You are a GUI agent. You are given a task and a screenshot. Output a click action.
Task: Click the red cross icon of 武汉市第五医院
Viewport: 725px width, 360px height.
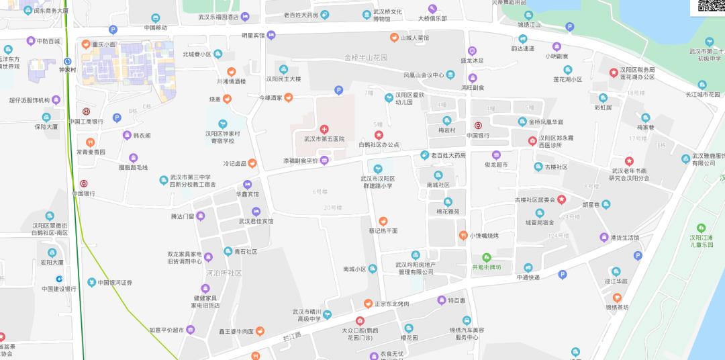coord(324,128)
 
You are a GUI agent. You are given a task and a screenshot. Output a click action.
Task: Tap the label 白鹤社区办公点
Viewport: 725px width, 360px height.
coord(379,144)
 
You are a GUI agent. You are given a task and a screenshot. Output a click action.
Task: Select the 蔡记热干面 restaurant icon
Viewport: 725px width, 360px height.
coord(383,221)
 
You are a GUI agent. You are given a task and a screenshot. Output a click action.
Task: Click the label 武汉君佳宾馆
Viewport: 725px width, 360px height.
coord(256,220)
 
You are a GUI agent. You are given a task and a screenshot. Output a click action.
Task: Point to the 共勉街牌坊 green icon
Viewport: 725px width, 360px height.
coord(487,257)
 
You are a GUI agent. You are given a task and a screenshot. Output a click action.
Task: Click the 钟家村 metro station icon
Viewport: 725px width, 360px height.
coord(67,60)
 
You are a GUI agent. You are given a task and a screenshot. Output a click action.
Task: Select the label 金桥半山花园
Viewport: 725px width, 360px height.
coord(366,58)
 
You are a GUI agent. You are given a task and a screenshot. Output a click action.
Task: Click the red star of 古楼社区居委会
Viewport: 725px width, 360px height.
coord(561,199)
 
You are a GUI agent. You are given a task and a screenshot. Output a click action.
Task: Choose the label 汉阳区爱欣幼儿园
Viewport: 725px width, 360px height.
coord(411,99)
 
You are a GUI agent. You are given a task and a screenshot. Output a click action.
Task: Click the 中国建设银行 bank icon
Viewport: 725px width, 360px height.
coord(60,279)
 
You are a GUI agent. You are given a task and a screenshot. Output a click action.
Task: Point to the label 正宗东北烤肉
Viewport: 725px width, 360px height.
coord(396,304)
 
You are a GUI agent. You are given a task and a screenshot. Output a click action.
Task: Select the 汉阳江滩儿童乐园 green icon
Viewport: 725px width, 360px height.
coord(702,228)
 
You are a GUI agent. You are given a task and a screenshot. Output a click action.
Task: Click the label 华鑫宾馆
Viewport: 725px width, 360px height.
coord(246,194)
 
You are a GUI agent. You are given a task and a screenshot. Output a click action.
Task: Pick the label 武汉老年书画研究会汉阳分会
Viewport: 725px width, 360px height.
coord(629,174)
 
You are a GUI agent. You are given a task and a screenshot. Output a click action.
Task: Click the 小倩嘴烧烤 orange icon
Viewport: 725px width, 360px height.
coord(463,235)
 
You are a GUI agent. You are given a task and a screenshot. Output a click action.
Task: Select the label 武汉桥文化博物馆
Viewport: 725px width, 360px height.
coord(387,15)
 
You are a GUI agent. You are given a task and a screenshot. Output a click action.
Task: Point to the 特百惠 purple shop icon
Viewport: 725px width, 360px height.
coord(442,300)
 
